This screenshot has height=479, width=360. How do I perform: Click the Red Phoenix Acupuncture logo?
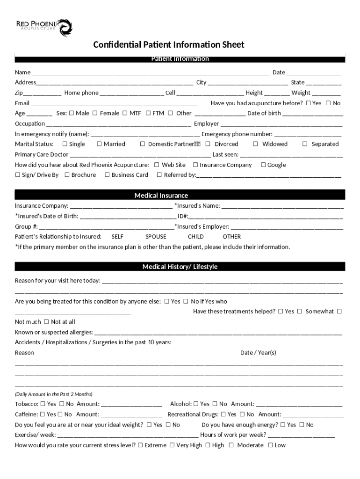44,27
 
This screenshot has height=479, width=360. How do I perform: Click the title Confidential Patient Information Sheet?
168,45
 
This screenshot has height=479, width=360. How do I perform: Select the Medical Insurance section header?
161,195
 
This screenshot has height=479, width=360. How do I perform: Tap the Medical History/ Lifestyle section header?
180,267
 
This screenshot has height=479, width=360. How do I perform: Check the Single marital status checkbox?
65,144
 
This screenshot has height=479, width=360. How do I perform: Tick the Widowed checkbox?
256,144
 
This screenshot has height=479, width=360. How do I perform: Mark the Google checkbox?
263,165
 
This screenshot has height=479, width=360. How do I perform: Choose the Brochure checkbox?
67,175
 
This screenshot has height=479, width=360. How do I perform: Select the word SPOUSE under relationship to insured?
156,237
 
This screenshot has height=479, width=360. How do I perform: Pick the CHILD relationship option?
196,237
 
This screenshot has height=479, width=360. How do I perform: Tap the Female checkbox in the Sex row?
95,113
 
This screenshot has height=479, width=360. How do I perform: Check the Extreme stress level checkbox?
140,445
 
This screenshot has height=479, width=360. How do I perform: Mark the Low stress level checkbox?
270,445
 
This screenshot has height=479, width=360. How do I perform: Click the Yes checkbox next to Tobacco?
43,404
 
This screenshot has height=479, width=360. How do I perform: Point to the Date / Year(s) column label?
258,353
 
